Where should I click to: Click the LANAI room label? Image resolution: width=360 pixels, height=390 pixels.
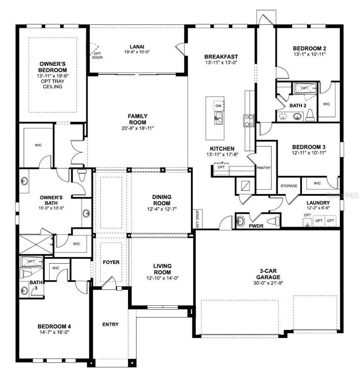137,46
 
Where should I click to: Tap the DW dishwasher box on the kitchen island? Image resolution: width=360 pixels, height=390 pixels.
218,106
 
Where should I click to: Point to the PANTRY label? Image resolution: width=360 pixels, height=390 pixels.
264,168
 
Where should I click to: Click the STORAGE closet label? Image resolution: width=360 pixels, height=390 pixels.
289,186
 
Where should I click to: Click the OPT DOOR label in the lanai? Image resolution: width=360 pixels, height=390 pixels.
97,55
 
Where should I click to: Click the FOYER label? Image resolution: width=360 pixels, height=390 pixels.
111,263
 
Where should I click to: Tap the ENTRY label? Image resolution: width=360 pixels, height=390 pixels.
110,324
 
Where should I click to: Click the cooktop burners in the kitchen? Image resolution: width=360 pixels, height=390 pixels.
249,120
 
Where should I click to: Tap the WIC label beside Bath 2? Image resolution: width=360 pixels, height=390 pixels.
327,104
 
